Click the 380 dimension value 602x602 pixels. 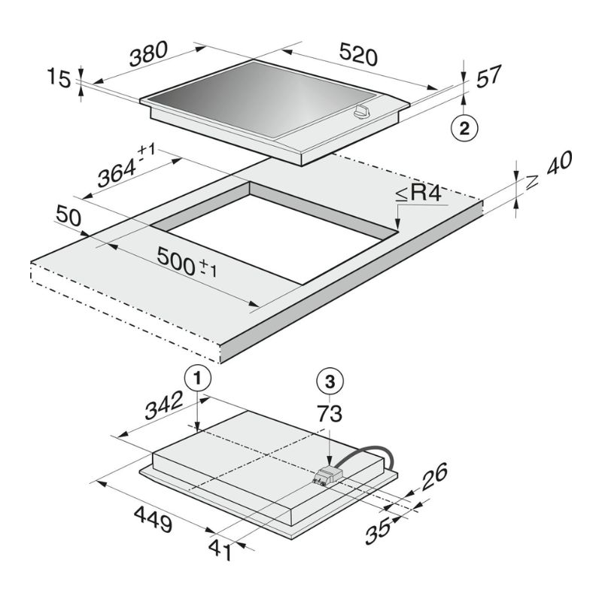pos(148,53)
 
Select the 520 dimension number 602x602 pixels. pos(359,54)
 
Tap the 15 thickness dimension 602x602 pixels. pos(59,78)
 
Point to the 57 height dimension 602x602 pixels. pos(488,77)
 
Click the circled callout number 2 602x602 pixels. pos(464,128)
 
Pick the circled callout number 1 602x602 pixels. pos(198,379)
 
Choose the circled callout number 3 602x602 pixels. pos(330,382)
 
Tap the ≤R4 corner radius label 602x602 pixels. pos(418,193)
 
